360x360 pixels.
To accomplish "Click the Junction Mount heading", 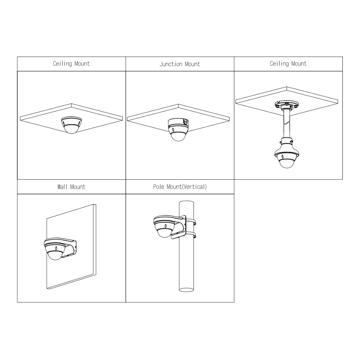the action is coord(180,64).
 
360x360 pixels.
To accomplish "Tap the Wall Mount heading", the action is coord(71,187).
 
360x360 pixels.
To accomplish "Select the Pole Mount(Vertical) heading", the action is coord(180,187).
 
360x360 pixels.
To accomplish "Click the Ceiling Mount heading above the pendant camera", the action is coord(288,64).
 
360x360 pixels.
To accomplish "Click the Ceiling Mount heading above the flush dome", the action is coord(71,64).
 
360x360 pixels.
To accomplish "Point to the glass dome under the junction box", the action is coord(178,136).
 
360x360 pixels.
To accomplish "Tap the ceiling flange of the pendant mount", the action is coord(287,105).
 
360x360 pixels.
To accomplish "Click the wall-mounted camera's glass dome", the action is coord(55,255).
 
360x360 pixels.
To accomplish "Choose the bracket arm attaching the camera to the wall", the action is coord(70,247).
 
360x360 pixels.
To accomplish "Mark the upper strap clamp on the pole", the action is coord(190,222).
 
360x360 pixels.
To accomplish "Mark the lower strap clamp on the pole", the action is coord(190,235).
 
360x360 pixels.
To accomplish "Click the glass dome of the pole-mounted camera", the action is coord(164,233).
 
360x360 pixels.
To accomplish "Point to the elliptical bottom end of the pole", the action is coord(186,290).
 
